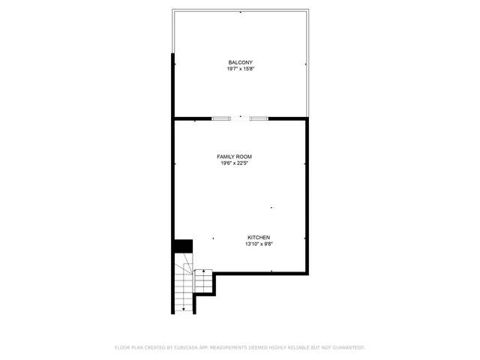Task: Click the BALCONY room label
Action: [241, 61]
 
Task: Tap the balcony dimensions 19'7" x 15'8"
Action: [241, 68]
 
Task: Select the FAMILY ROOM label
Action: [234, 157]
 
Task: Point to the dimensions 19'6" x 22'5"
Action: [234, 163]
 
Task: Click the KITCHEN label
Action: [259, 237]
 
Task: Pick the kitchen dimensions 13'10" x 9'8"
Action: [259, 244]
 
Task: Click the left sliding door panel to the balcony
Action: [221, 118]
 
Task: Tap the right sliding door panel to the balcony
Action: [259, 118]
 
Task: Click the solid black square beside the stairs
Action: [183, 246]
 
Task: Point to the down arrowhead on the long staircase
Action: [184, 308]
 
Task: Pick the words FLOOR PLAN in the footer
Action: [129, 347]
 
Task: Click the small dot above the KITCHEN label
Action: [271, 208]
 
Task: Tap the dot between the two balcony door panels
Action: [241, 116]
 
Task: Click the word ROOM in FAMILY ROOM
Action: [243, 157]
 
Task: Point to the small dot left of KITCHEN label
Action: [213, 238]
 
